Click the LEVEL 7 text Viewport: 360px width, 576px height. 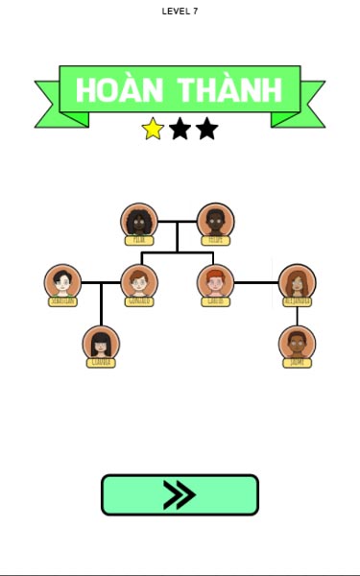click(x=180, y=12)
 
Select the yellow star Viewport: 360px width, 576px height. click(x=153, y=129)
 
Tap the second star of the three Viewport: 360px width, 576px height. click(x=180, y=129)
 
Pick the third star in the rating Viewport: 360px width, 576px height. click(x=206, y=129)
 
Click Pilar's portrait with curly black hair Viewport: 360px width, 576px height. click(x=139, y=221)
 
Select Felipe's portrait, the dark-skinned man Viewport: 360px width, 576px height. click(x=215, y=221)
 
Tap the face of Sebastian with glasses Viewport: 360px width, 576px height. click(x=62, y=282)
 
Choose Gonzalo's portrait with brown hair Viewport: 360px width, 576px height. click(x=139, y=282)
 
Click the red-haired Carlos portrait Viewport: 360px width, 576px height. click(x=215, y=282)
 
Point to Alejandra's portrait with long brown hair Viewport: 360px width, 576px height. click(x=297, y=282)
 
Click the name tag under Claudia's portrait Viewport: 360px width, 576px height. click(x=101, y=363)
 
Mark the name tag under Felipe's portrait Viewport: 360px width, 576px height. click(x=215, y=240)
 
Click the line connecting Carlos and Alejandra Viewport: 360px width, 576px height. click(x=256, y=282)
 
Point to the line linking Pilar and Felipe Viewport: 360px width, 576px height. click(x=178, y=222)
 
